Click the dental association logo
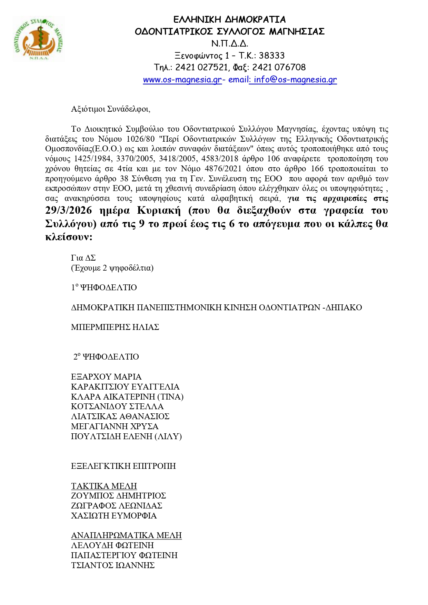tap(39, 39)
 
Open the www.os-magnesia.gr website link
tap(182, 80)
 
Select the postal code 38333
tap(272, 56)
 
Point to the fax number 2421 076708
tap(279, 67)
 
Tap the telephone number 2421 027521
tap(201, 67)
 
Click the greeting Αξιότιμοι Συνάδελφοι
tap(110, 109)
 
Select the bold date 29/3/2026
tap(69, 210)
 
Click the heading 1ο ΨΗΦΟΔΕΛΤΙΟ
tap(104, 288)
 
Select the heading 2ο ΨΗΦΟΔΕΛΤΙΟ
tap(106, 357)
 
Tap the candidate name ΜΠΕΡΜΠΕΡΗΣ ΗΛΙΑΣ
tap(115, 327)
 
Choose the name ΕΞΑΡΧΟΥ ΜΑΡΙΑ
tap(106, 377)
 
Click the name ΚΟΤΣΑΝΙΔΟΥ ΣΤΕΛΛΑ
tap(117, 407)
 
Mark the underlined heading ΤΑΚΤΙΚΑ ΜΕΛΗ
tap(104, 486)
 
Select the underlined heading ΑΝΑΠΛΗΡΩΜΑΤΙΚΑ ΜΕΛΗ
tap(126, 535)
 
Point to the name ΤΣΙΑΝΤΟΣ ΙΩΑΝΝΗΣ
tap(113, 565)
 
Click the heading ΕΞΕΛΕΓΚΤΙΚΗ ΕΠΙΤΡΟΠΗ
tap(123, 466)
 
